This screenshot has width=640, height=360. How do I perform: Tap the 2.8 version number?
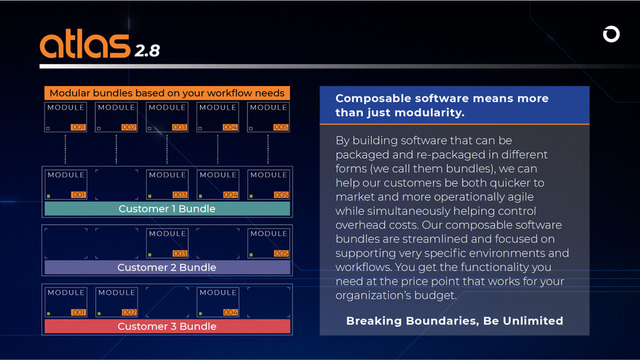[147, 51]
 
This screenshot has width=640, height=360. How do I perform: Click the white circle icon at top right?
[611, 34]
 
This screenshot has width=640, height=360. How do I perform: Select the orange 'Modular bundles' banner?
[167, 93]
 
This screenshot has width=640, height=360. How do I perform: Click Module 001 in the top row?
[66, 117]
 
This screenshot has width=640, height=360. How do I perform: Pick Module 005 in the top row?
[269, 117]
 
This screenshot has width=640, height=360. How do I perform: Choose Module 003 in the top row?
[167, 117]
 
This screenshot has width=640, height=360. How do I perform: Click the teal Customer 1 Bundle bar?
[167, 209]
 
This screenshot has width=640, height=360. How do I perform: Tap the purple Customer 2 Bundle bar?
[167, 267]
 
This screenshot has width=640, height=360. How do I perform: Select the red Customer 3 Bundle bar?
[167, 326]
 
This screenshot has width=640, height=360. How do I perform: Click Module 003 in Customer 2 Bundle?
[167, 243]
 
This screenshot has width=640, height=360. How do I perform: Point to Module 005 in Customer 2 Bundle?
[269, 243]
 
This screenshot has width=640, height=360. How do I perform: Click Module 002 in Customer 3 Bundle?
[117, 302]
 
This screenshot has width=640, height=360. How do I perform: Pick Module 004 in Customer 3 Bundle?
[218, 302]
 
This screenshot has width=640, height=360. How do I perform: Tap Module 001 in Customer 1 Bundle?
[66, 185]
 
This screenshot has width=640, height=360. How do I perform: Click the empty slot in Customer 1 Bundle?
[117, 185]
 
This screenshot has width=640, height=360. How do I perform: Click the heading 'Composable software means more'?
[441, 98]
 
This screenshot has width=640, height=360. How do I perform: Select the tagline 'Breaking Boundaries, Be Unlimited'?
[455, 321]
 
